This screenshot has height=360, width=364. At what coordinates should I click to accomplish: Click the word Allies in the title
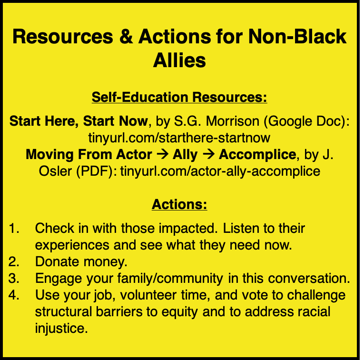click(x=179, y=60)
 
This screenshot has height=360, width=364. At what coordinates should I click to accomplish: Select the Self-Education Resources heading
click(x=179, y=98)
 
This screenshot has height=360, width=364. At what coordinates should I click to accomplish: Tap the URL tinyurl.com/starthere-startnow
click(x=179, y=138)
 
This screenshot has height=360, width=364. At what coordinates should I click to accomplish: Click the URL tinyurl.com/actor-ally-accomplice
click(x=220, y=170)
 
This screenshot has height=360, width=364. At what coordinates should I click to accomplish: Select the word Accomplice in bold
click(x=257, y=154)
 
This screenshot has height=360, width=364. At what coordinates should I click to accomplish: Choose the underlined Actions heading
click(x=179, y=205)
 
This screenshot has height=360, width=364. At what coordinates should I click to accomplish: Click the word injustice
click(x=61, y=328)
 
